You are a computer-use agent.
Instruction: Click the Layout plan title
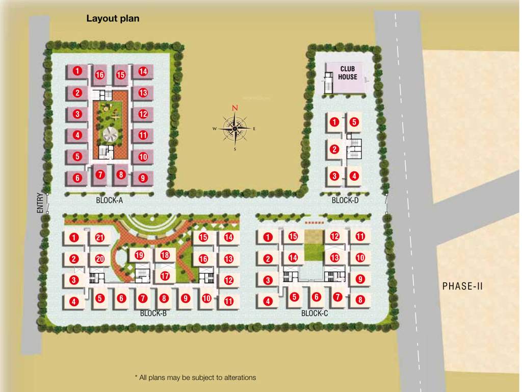click(113, 18)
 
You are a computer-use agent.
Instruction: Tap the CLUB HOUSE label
click(349, 73)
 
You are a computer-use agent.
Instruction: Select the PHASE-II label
click(462, 286)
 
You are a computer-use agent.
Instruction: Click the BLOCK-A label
click(110, 201)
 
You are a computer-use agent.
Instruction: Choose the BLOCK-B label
click(153, 313)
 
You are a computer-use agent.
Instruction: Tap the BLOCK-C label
click(315, 313)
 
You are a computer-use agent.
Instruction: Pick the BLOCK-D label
click(345, 201)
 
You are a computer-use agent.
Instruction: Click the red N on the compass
click(235, 108)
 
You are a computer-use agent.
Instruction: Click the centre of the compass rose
click(234, 129)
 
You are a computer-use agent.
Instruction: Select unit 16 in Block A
click(99, 75)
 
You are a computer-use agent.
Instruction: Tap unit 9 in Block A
click(143, 178)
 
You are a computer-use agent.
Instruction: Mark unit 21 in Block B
click(100, 237)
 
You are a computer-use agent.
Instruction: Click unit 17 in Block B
click(165, 276)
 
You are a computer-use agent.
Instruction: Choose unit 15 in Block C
click(293, 236)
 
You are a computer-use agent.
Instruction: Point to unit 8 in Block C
click(360, 300)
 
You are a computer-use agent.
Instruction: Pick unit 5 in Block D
click(354, 122)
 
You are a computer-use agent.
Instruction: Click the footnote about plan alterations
click(195, 378)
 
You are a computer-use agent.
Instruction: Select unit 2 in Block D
click(334, 150)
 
